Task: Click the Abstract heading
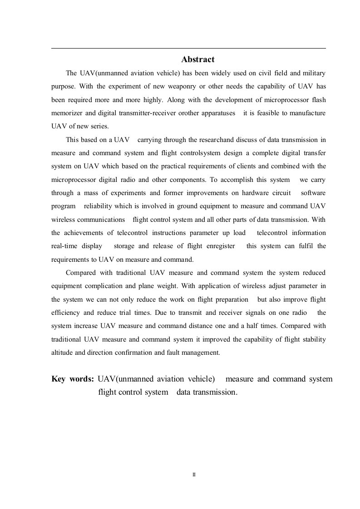198,59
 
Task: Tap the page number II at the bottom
194,475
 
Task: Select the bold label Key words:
73,379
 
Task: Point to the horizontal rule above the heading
188,48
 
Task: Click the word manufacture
309,113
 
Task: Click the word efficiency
65,313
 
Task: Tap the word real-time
64,246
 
